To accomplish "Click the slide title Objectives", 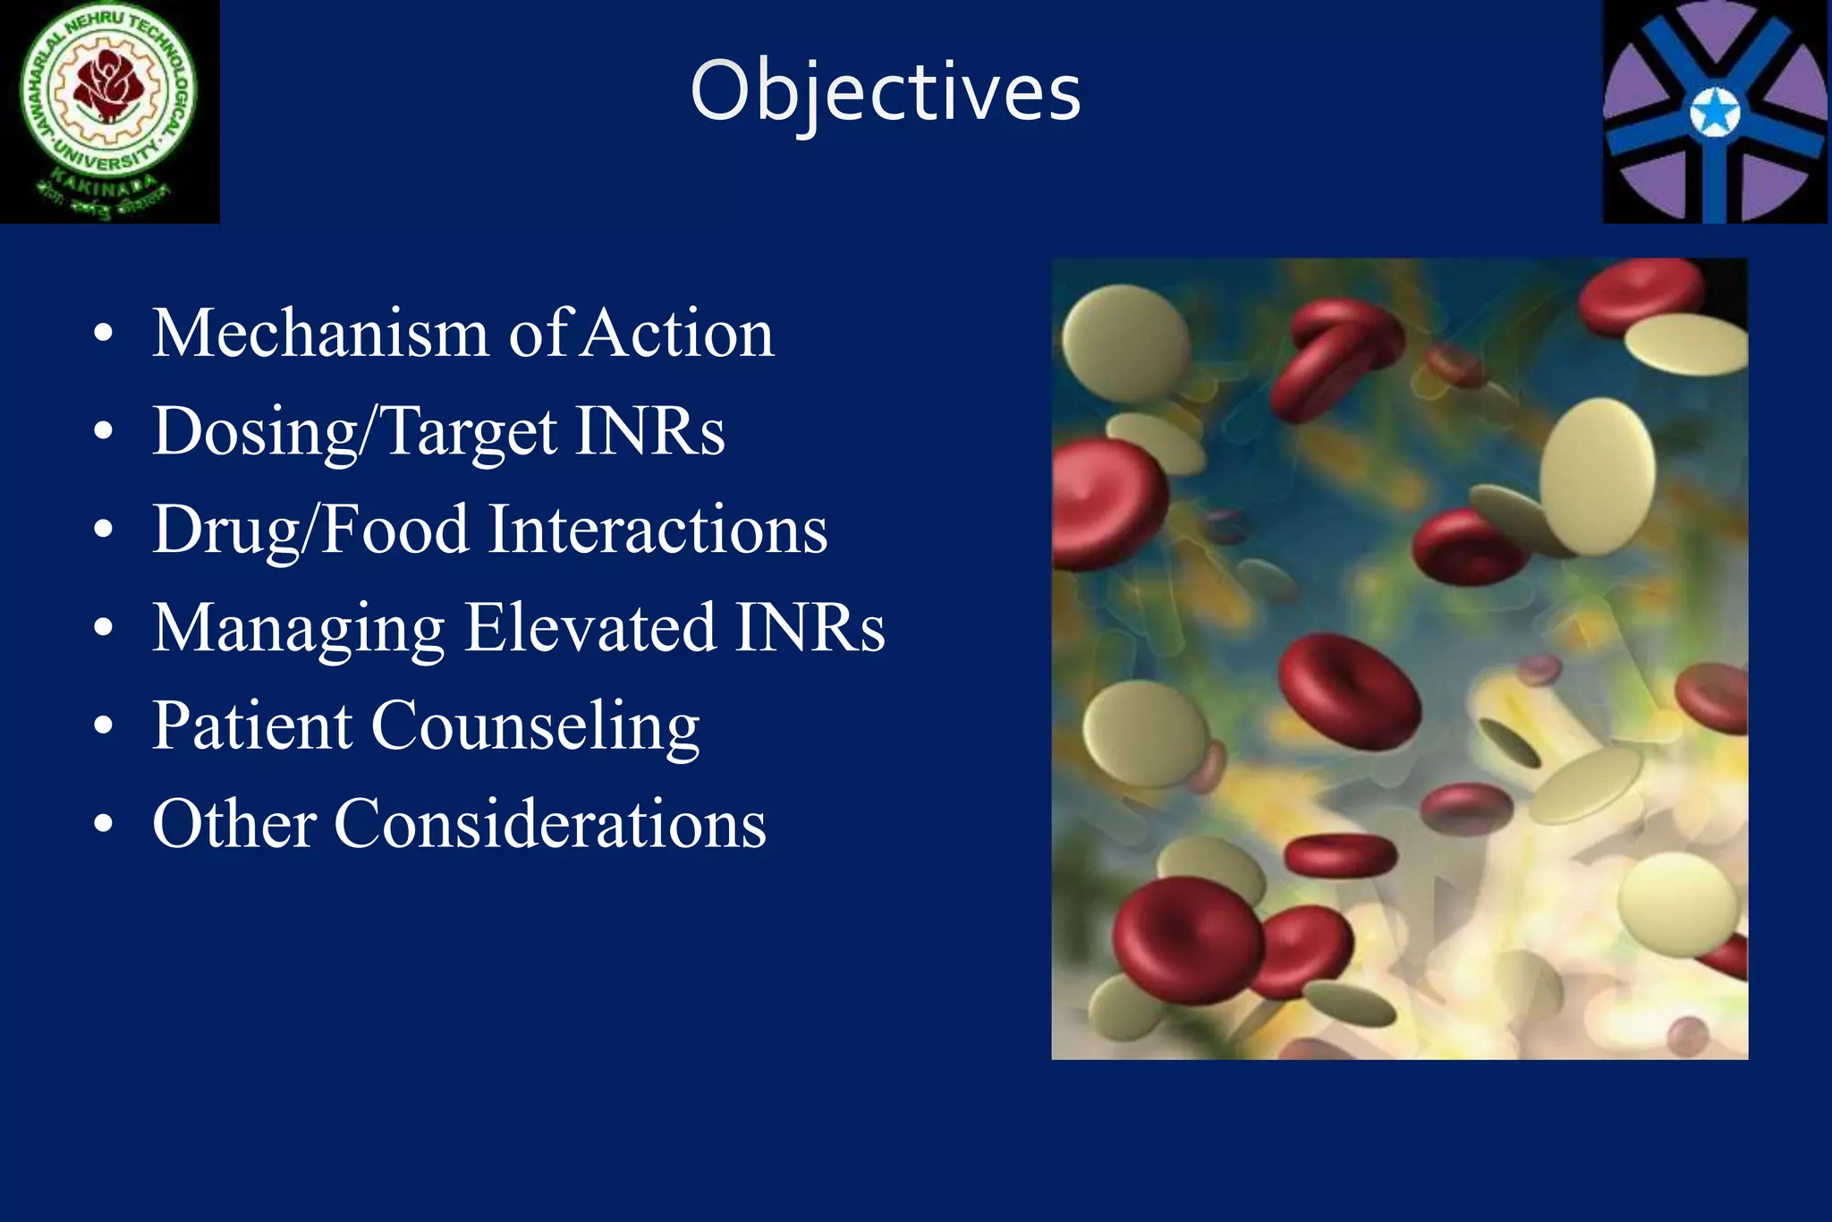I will (x=886, y=92).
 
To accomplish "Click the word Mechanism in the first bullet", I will (x=319, y=334).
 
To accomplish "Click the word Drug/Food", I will (x=310, y=530).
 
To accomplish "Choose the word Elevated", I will (x=590, y=628).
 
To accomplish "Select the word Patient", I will (x=252, y=726).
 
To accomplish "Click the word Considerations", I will (x=550, y=824).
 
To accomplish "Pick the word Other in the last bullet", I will (x=234, y=824).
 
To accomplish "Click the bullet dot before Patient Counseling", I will (x=104, y=726).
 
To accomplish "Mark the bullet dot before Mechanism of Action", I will (x=104, y=334).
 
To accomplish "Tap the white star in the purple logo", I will (x=1715, y=115).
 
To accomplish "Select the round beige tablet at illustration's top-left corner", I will (x=1125, y=343).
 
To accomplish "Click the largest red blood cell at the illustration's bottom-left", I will (x=1185, y=939).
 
